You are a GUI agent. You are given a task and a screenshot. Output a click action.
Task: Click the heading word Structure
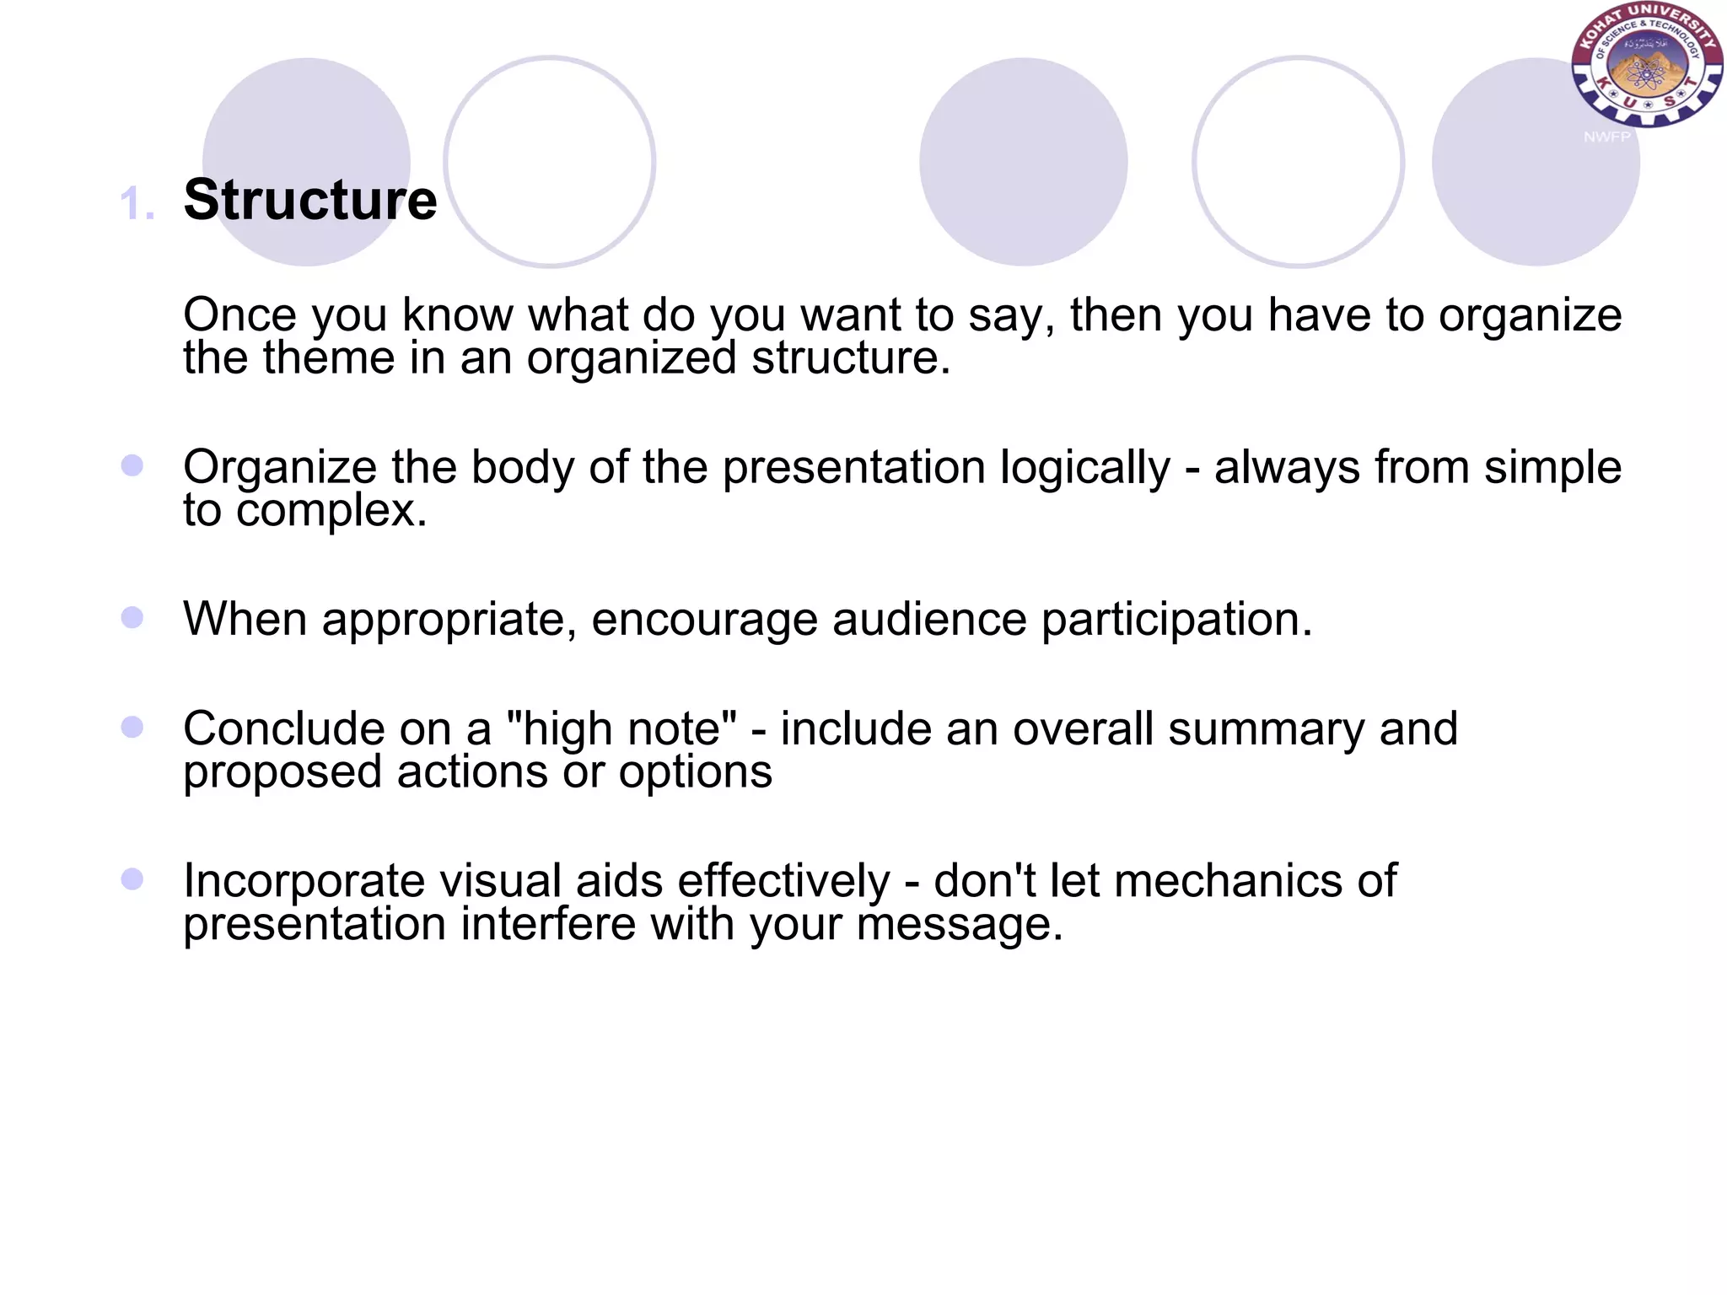tap(310, 201)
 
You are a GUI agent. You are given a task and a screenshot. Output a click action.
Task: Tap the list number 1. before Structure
tap(137, 205)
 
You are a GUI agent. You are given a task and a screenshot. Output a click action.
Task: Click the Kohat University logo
tap(1646, 65)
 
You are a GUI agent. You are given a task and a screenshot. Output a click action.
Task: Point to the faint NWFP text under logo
tap(1606, 137)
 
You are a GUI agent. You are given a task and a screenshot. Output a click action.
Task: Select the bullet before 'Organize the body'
tap(132, 465)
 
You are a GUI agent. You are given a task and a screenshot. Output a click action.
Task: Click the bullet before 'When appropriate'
tap(132, 617)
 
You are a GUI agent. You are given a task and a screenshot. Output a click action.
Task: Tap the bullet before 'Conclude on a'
tap(132, 727)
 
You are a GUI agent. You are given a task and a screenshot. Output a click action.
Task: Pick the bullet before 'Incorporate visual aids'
tap(132, 879)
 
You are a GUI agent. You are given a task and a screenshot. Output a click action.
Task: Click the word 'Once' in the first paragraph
tap(239, 315)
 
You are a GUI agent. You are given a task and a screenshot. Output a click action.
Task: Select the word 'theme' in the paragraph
tap(328, 357)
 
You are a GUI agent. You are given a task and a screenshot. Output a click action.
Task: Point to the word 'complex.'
tap(331, 510)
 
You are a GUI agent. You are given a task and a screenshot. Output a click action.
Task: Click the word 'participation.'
tap(1176, 620)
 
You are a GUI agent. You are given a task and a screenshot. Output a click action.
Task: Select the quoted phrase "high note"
tap(622, 728)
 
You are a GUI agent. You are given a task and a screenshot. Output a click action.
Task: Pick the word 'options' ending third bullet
tap(695, 771)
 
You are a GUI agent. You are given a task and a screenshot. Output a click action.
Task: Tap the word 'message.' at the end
tap(960, 924)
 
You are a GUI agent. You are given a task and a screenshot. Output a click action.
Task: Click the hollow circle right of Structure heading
tap(550, 162)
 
